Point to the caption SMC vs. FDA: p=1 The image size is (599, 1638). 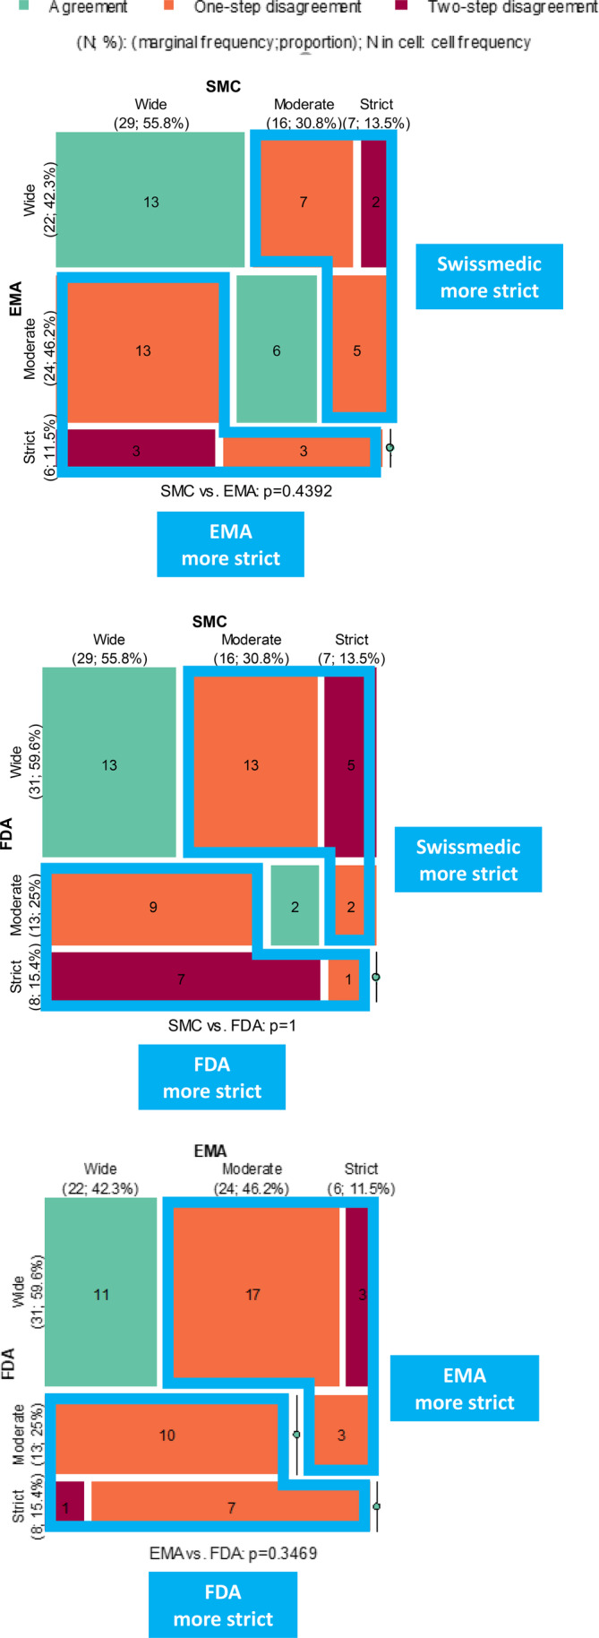point(231,1025)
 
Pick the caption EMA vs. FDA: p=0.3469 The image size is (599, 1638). point(233,1553)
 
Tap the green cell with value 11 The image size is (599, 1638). point(101,1295)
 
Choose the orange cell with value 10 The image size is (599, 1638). point(167,1435)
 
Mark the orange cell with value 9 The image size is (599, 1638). point(152,907)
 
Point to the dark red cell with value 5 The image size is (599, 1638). point(346,765)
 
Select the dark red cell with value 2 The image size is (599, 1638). point(373,203)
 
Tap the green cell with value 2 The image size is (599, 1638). point(295,907)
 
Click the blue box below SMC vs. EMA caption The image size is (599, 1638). point(231,544)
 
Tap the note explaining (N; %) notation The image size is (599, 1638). point(303,42)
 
